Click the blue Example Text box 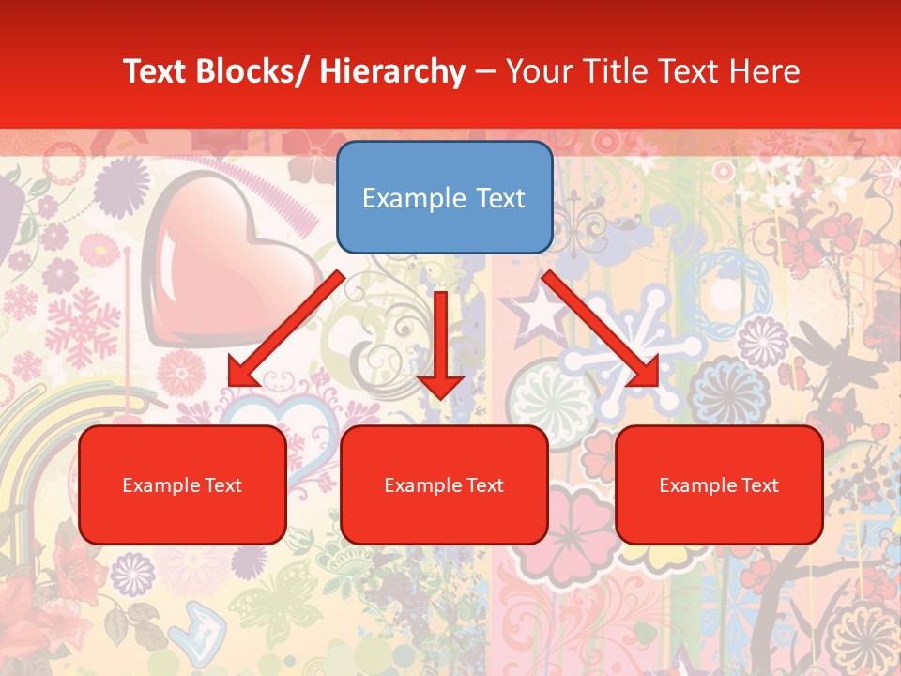coord(444,197)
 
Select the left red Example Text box coord(182,484)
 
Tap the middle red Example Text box coord(444,484)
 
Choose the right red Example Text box coord(719,484)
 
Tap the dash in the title coord(485,72)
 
